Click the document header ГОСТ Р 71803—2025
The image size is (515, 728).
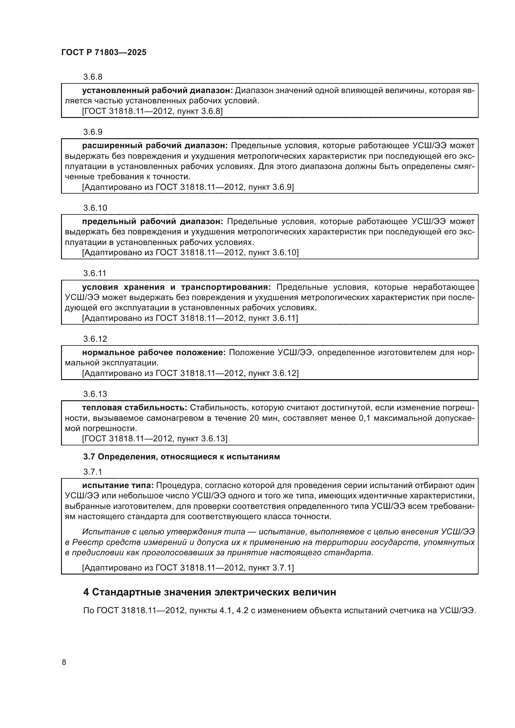point(104,53)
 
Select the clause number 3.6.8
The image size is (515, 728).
point(92,77)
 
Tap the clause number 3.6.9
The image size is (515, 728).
point(92,132)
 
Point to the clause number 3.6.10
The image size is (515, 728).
point(95,208)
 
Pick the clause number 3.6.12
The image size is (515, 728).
point(95,339)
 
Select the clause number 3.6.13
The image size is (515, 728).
point(95,394)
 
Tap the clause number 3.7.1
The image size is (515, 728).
point(92,472)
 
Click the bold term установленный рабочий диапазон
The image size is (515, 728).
point(158,91)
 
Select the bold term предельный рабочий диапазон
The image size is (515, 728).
point(153,221)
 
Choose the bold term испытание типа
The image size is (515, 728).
point(118,486)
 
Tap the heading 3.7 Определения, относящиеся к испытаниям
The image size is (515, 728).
point(182,457)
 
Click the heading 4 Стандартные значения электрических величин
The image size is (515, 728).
point(209,592)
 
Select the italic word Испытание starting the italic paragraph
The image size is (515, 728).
point(101,532)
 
